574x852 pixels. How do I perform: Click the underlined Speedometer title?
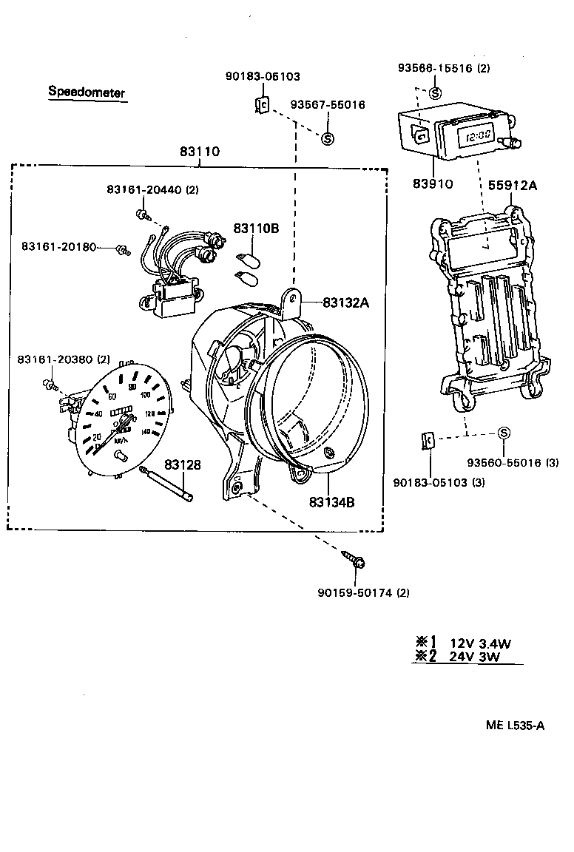point(87,92)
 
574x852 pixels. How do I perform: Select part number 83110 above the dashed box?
point(199,152)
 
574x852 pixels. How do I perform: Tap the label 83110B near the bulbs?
point(256,229)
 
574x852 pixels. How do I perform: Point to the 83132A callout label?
point(345,302)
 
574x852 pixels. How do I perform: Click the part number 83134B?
point(332,502)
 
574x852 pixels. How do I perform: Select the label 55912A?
point(513,186)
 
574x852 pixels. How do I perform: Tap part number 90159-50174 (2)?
point(363,592)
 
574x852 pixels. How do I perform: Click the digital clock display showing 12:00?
point(475,136)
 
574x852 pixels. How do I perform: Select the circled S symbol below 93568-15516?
point(435,93)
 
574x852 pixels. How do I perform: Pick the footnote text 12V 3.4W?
point(480,643)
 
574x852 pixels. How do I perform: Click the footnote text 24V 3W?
point(475,656)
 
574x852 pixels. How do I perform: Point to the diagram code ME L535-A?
point(515,725)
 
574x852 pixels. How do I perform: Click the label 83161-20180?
point(58,246)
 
